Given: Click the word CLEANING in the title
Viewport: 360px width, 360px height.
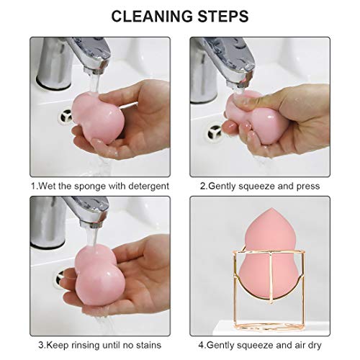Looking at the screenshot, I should (148, 15).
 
